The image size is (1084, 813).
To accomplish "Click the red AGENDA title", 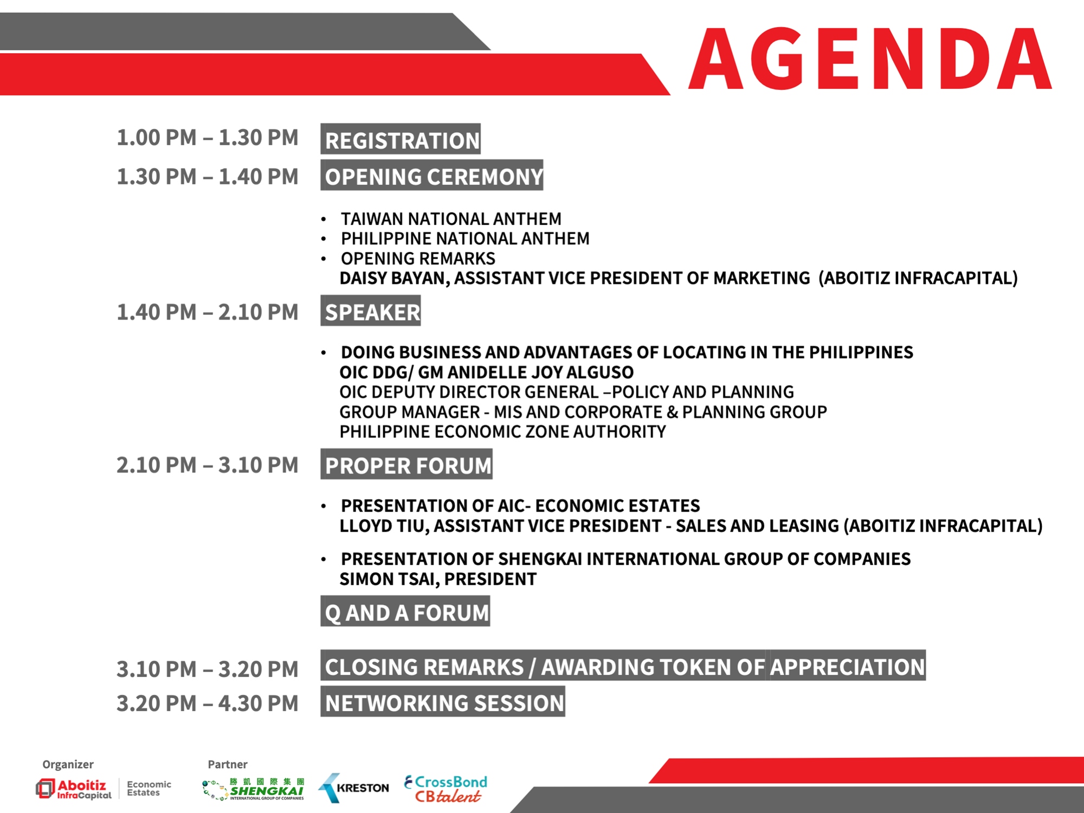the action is pyautogui.click(x=870, y=59).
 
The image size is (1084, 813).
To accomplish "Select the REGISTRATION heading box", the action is pyautogui.click(x=401, y=139).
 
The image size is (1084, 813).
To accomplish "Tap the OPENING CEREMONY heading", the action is pyautogui.click(x=431, y=175).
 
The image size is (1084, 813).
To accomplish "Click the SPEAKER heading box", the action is pyautogui.click(x=370, y=311).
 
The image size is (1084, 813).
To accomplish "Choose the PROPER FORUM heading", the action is pyautogui.click(x=406, y=464).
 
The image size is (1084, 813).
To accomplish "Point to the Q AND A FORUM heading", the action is pyautogui.click(x=405, y=611).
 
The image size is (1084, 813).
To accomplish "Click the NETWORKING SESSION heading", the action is pyautogui.click(x=443, y=701).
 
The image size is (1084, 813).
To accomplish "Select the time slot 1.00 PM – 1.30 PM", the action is pyautogui.click(x=208, y=138).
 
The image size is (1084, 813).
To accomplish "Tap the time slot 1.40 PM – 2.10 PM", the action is pyautogui.click(x=208, y=312).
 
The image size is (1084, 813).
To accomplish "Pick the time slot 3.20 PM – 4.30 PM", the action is pyautogui.click(x=208, y=704).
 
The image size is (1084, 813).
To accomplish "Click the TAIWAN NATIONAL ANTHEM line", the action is pyautogui.click(x=451, y=219).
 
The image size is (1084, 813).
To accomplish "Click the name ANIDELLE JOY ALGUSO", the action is pyautogui.click(x=540, y=372).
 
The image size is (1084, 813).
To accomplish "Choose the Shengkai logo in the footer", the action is pyautogui.click(x=253, y=789).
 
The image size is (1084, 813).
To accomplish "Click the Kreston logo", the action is pyautogui.click(x=353, y=788).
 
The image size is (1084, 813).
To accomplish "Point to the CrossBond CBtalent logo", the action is pyautogui.click(x=446, y=789).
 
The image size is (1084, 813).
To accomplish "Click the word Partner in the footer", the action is pyautogui.click(x=228, y=764).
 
